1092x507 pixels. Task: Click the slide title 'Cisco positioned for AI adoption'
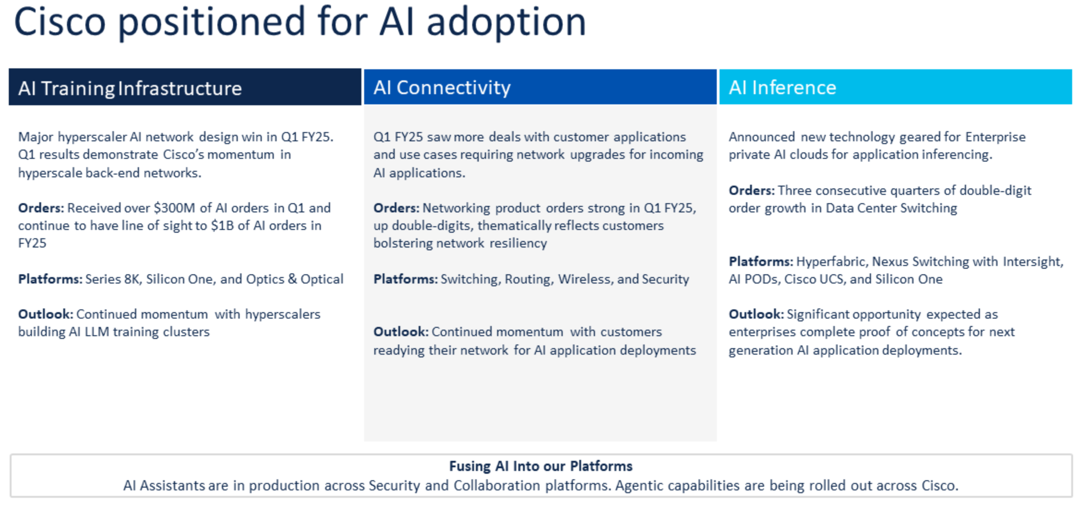coord(300,22)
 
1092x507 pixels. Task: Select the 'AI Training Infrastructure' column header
coord(130,88)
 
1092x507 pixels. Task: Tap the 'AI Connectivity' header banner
coord(442,87)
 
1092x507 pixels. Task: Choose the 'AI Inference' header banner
coord(782,87)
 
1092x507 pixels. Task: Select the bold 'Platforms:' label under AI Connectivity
coord(405,279)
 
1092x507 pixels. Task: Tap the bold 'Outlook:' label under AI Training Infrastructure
coord(45,314)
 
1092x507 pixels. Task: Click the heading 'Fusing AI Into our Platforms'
coord(540,466)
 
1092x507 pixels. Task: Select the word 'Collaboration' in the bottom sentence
coord(497,486)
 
